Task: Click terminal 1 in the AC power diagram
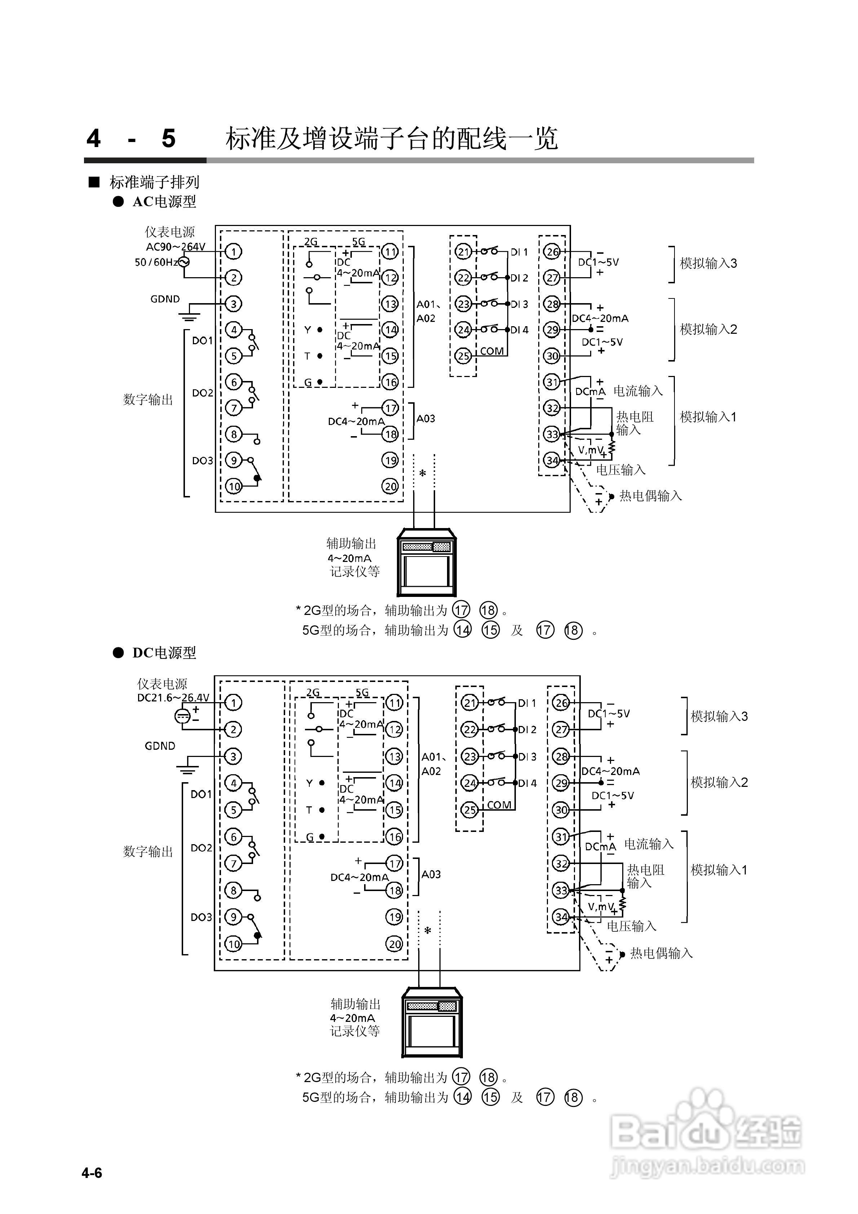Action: point(234,252)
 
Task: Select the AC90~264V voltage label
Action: point(176,247)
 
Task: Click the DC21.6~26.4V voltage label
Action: point(173,698)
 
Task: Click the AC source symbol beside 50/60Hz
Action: point(183,262)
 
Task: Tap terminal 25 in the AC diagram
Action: point(463,356)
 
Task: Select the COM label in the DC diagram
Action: point(499,805)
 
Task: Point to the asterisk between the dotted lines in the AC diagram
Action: point(422,473)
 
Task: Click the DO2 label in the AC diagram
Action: point(202,393)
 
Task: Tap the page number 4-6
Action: point(92,1173)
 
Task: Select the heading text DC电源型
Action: point(164,653)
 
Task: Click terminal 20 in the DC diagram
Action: point(395,944)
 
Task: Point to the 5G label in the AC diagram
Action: point(359,242)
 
